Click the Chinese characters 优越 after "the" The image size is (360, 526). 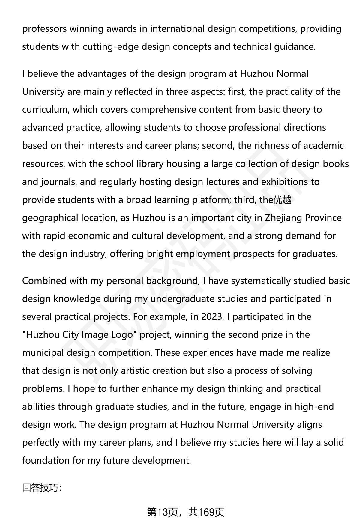[282, 200]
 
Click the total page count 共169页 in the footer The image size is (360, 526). [206, 513]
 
